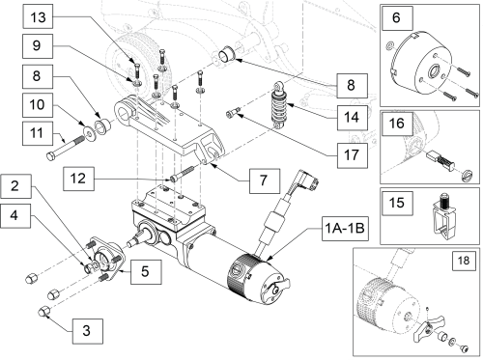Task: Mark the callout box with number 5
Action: [144, 271]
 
